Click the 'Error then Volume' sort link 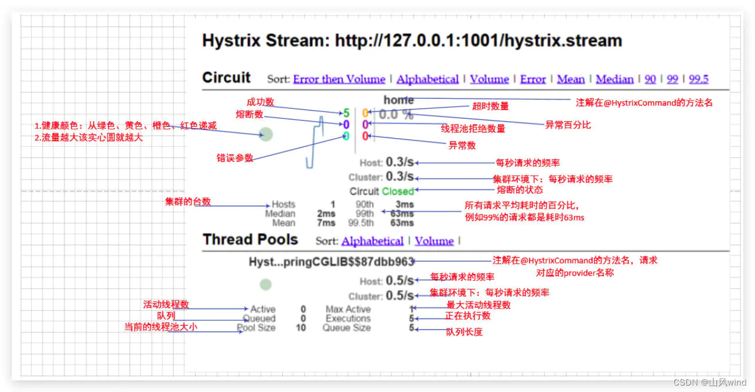point(339,79)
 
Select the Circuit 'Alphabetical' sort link point(428,79)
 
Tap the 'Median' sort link point(614,79)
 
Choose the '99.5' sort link point(698,79)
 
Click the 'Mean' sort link point(570,79)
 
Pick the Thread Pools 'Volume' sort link point(434,241)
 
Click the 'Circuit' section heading point(226,78)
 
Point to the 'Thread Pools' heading point(250,239)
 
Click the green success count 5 point(346,113)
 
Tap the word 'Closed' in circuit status point(398,191)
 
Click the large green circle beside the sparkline point(266,135)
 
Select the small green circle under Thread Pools point(266,285)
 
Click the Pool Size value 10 point(300,328)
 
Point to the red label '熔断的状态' point(520,190)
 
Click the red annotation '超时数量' point(490,106)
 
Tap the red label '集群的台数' point(187,202)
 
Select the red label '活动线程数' point(166,304)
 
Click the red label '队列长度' point(464,332)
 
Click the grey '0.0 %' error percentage point(396,115)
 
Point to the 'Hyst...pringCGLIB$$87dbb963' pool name point(332,262)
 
